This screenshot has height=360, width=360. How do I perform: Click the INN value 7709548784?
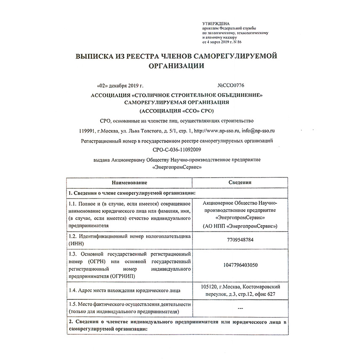pyautogui.click(x=240, y=240)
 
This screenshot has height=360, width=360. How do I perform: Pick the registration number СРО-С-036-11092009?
pyautogui.click(x=179, y=149)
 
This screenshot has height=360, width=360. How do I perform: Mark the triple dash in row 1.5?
pyautogui.click(x=240, y=308)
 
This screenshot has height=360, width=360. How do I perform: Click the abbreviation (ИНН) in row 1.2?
pyautogui.click(x=75, y=243)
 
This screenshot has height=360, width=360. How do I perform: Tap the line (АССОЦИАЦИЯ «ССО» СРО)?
pyautogui.click(x=179, y=111)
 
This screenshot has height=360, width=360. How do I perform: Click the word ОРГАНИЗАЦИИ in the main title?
pyautogui.click(x=179, y=66)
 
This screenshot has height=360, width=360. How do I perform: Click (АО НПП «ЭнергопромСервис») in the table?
pyautogui.click(x=240, y=226)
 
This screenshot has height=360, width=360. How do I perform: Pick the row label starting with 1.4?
pyautogui.click(x=125, y=290)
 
